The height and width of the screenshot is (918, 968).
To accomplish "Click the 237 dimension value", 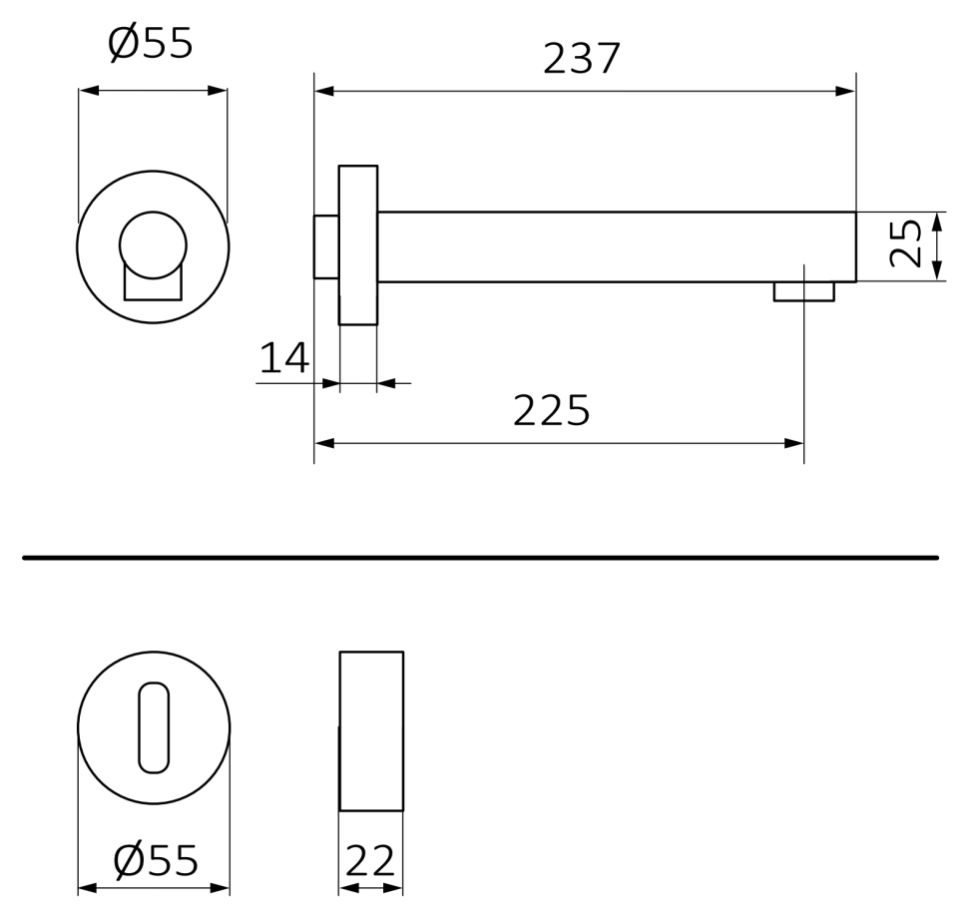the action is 581,59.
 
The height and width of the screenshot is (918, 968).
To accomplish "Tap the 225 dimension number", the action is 551,410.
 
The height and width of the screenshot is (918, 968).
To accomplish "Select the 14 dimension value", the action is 284,358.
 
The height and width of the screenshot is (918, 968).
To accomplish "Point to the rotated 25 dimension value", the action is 906,243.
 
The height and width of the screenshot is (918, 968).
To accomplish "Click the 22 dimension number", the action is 370,860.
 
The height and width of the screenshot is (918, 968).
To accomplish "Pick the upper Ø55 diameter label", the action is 150,43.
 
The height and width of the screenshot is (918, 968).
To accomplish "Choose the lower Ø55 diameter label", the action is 156,860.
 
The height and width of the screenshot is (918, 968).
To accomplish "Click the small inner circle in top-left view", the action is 153,244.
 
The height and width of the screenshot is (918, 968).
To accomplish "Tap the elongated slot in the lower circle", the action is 154,727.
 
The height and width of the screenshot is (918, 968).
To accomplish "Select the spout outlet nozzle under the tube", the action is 803,291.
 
